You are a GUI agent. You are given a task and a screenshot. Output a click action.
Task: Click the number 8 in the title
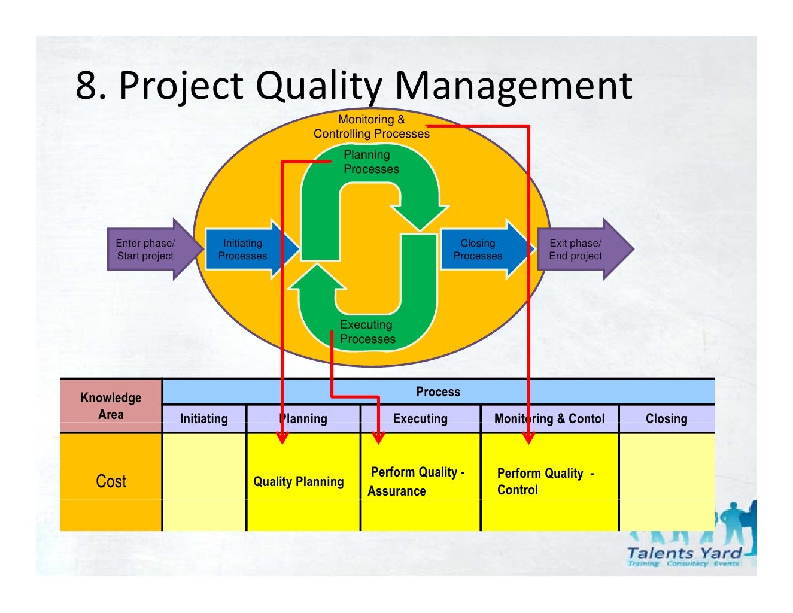tap(86, 86)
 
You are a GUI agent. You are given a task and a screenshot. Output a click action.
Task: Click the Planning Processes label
tap(370, 162)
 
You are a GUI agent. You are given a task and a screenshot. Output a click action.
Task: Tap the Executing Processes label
tap(367, 332)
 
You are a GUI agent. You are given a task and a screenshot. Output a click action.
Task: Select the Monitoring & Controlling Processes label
tap(372, 126)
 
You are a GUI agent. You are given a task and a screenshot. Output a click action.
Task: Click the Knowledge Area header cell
tap(111, 406)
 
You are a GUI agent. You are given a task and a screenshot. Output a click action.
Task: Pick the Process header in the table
tap(438, 392)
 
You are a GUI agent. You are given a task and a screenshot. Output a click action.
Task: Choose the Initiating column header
tap(204, 419)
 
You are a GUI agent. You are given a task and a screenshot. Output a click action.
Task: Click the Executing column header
tap(420, 419)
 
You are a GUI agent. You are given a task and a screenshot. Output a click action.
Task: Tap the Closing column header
tap(666, 419)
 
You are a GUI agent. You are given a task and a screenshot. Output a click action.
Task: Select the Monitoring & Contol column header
tap(549, 419)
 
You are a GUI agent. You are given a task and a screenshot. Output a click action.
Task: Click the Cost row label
tap(111, 481)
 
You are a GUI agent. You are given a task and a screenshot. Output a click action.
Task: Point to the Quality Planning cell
tap(299, 482)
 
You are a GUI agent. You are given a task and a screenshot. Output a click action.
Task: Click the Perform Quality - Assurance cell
tap(417, 481)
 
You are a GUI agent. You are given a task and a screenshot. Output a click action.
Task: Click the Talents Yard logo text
tap(684, 553)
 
